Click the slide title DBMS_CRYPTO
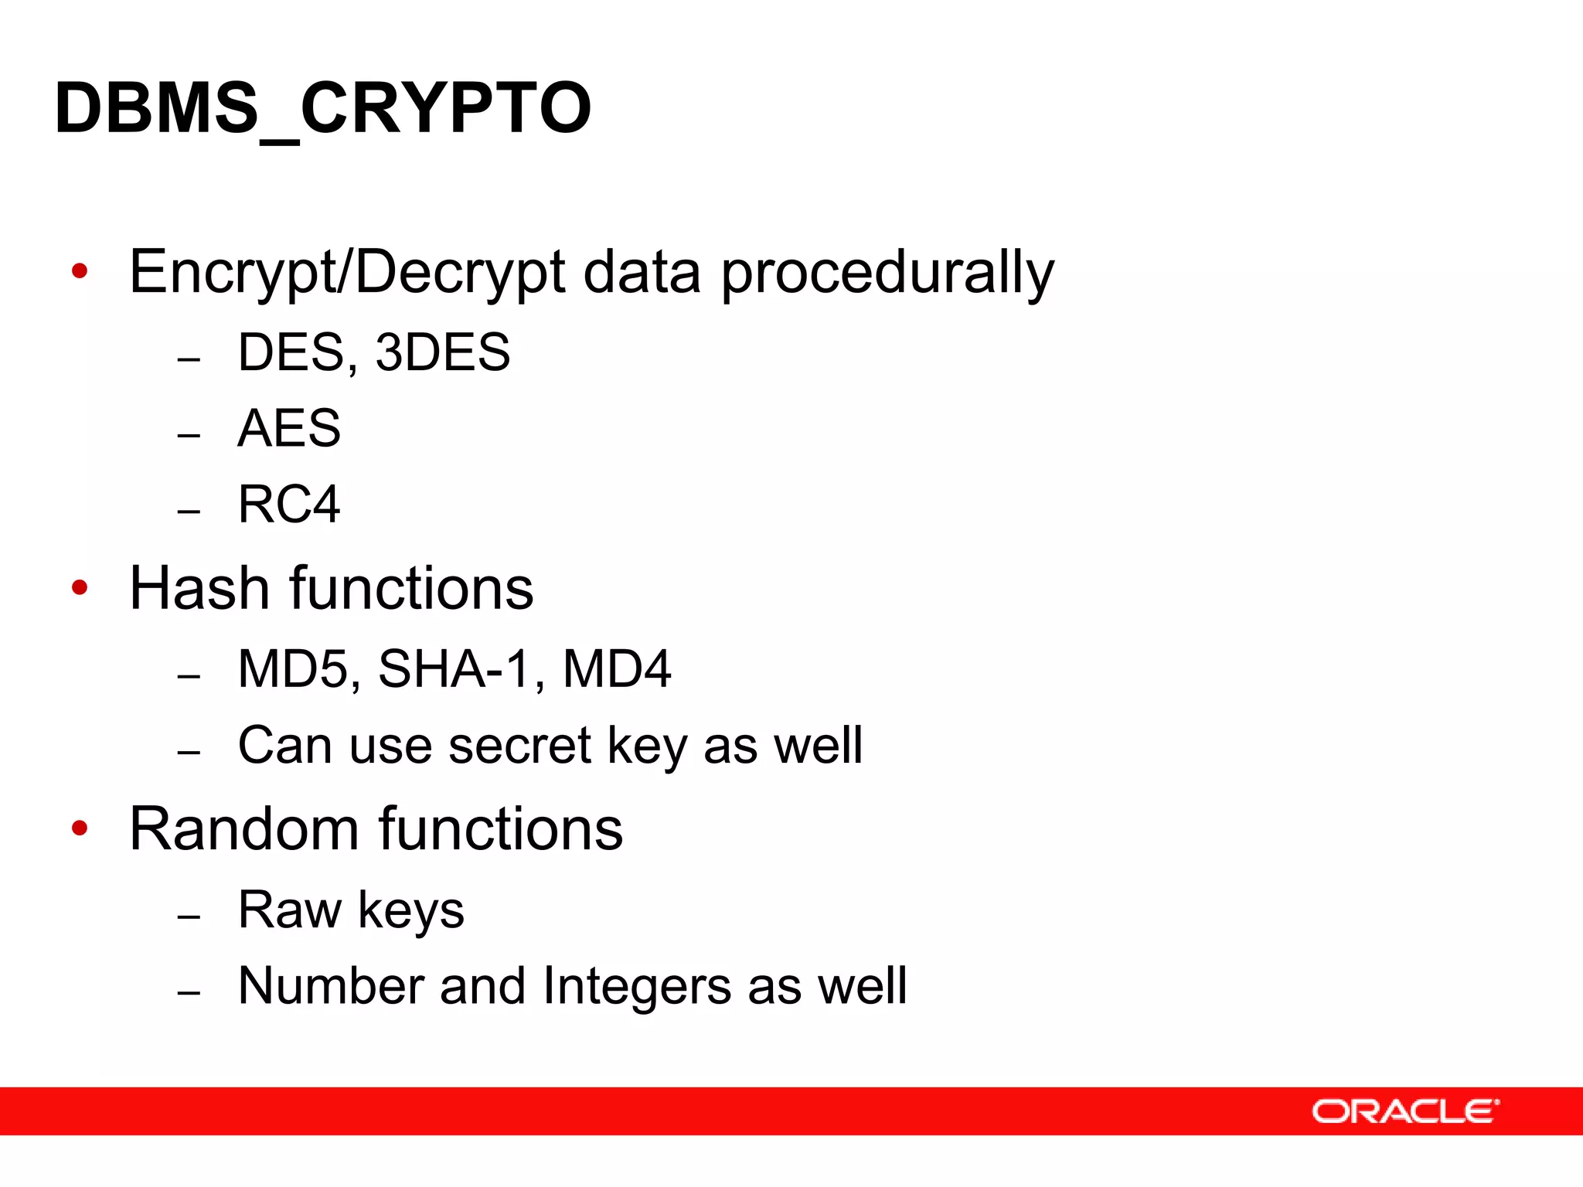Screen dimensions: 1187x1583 pos(323,108)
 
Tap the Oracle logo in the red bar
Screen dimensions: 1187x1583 pos(1404,1111)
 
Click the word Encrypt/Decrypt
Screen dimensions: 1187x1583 pos(348,272)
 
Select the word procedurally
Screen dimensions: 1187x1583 pos(887,272)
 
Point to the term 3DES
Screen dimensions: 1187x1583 pos(442,352)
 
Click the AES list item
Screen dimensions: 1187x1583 pos(289,428)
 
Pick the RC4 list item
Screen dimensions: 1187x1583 pos(289,505)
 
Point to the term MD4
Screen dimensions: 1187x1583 pos(617,669)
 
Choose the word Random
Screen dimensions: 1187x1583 pos(244,829)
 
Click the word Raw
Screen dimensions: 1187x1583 pos(289,910)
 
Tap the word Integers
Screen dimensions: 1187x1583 pos(637,986)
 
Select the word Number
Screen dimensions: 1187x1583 pos(331,986)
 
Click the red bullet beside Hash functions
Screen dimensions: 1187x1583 pos(80,588)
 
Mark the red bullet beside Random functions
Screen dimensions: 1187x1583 pos(80,828)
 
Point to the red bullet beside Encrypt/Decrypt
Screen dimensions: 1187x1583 pos(80,271)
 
